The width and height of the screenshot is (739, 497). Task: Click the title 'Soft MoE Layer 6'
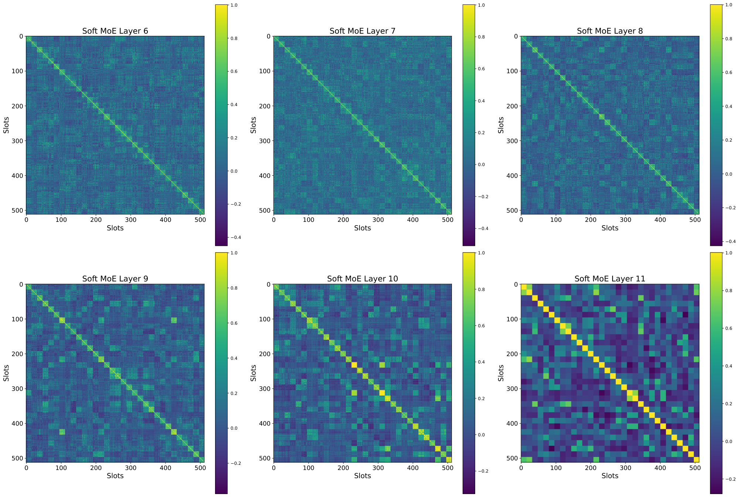[115, 31]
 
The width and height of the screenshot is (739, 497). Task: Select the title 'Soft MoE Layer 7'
[362, 31]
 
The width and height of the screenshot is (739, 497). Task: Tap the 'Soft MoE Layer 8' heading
[610, 31]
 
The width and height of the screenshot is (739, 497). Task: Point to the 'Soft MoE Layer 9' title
[115, 278]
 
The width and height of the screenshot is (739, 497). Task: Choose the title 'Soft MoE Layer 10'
[362, 278]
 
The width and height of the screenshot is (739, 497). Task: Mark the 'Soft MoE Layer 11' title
[610, 278]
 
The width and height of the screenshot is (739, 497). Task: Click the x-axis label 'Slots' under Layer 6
[115, 228]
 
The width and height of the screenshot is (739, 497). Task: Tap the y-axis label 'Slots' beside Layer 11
[501, 373]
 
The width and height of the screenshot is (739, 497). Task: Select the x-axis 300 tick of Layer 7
[378, 220]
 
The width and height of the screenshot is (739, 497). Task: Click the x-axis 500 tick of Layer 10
[447, 467]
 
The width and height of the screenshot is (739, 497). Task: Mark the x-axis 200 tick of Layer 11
[591, 467]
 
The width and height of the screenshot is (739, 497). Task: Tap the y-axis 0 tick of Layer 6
[21, 36]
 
